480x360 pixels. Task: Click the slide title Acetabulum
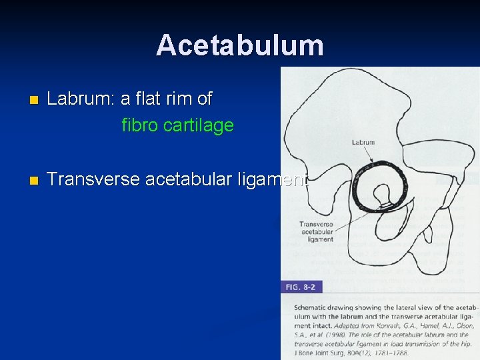click(x=240, y=45)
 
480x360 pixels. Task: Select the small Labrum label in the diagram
click(x=363, y=142)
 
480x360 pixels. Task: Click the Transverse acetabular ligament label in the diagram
click(x=317, y=231)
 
